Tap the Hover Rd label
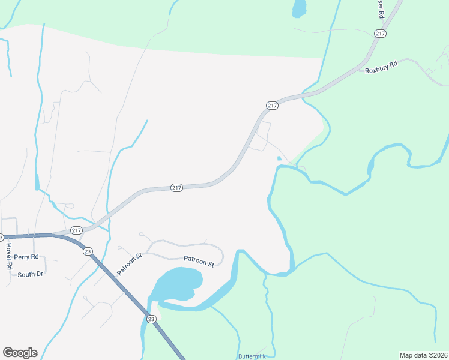click(9, 256)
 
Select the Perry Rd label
click(26, 257)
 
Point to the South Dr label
click(30, 274)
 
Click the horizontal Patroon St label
click(199, 262)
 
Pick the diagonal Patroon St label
click(129, 263)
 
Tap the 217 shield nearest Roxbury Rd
click(379, 34)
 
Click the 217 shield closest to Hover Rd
click(76, 230)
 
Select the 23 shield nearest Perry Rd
click(88, 251)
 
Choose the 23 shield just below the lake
click(151, 319)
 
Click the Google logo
click(20, 353)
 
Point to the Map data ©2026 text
click(423, 355)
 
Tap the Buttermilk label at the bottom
click(252, 356)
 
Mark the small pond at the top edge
click(298, 8)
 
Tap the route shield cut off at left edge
click(1, 237)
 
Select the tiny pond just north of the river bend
click(279, 158)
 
